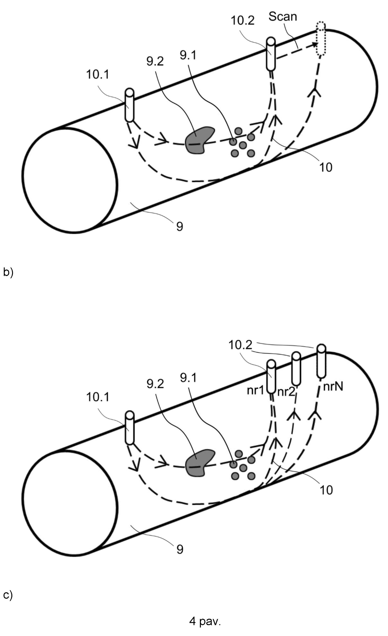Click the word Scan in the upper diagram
[x=282, y=17]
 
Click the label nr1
[x=255, y=391]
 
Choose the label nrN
[x=333, y=387]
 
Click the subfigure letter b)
[x=8, y=273]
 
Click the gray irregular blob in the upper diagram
[x=199, y=140]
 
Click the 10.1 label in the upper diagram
[x=97, y=74]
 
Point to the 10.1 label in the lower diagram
[x=97, y=397]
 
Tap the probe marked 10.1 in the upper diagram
[x=129, y=105]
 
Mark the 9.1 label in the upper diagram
[x=188, y=55]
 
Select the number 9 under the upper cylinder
[x=179, y=227]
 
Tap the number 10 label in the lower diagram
[x=326, y=490]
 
